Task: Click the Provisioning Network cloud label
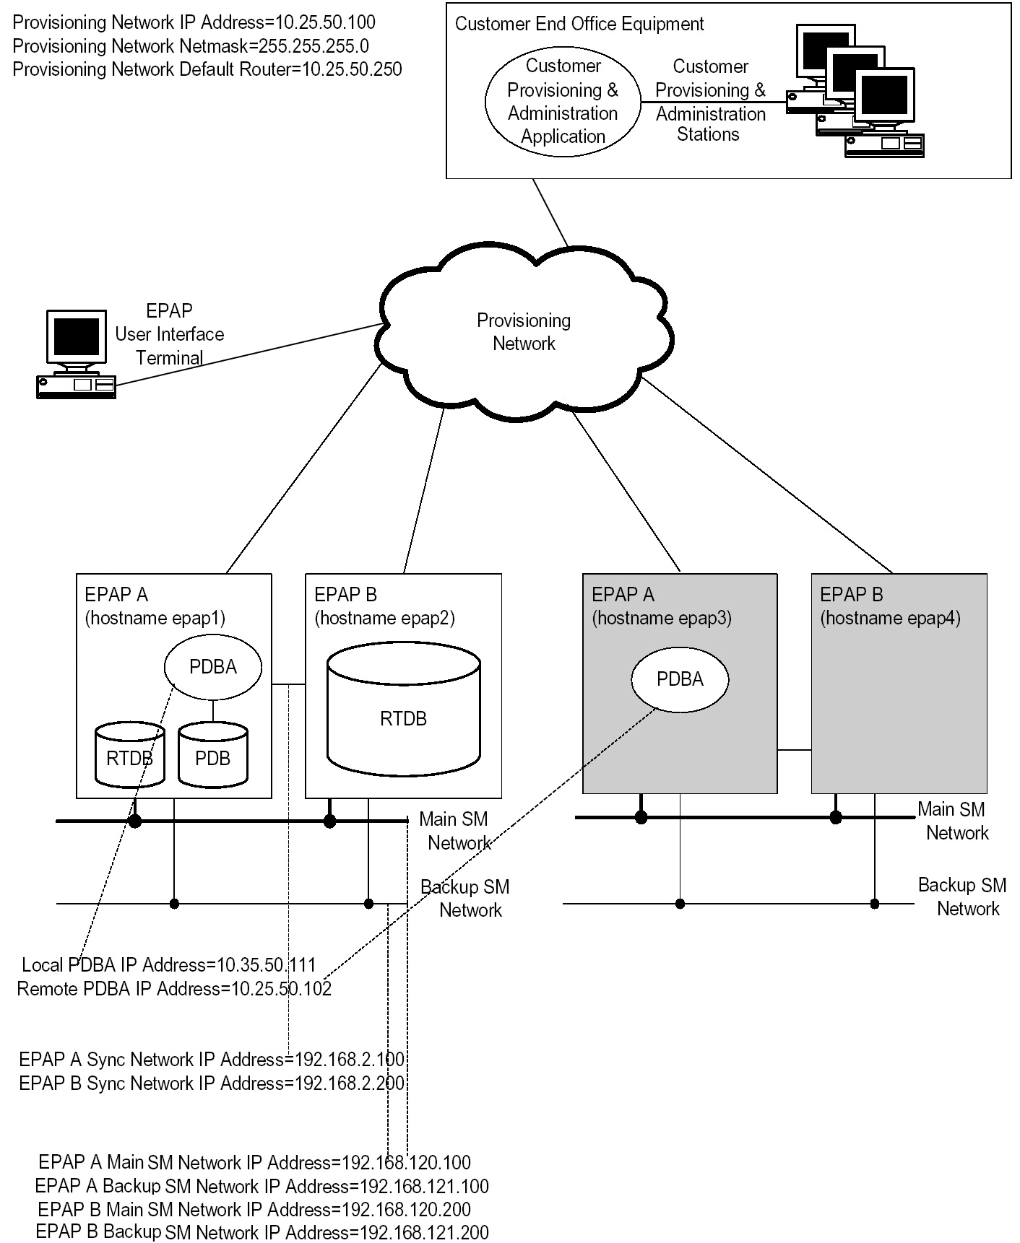(x=524, y=332)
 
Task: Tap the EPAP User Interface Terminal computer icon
(x=75, y=354)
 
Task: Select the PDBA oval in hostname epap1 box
(x=213, y=667)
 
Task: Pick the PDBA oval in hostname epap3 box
(x=680, y=679)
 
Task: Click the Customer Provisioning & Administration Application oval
(x=563, y=101)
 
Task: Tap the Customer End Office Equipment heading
(x=579, y=24)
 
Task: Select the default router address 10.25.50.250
(x=352, y=69)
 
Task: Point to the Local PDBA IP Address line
(x=169, y=965)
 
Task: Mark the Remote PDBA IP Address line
(x=174, y=989)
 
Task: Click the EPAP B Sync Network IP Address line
(x=212, y=1083)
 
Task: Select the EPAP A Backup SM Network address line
(x=262, y=1186)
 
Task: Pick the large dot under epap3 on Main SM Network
(x=641, y=817)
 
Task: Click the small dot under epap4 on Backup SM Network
(x=875, y=904)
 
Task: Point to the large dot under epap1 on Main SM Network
(x=134, y=821)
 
